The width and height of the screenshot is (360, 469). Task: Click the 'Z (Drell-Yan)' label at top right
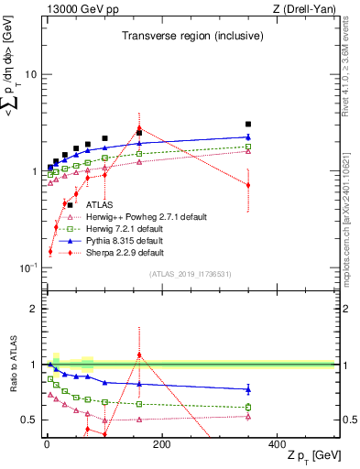(306, 9)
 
